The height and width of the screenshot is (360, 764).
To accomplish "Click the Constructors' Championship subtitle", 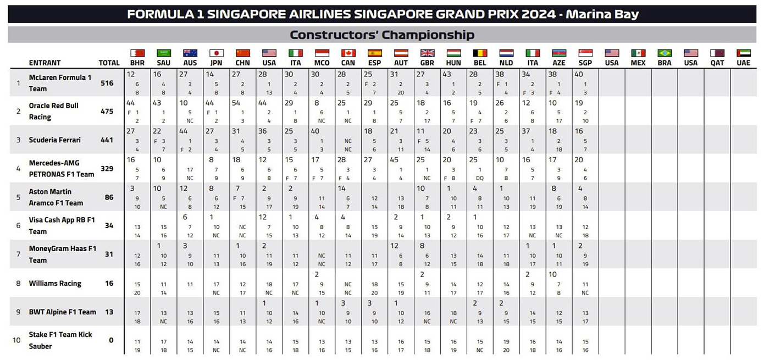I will point(382,35).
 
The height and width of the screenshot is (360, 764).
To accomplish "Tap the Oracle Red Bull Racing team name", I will point(53,111).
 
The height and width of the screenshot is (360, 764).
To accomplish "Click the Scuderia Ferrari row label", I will point(54,140).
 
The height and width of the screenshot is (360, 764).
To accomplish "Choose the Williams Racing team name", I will point(55,284).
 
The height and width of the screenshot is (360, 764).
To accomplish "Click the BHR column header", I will point(137,63).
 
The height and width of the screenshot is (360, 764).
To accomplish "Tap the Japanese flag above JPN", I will point(217,53).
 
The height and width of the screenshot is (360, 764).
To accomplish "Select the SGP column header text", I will point(585,63).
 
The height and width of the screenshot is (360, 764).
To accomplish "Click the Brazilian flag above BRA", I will point(665,53).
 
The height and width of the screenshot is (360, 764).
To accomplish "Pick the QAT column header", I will point(717,63).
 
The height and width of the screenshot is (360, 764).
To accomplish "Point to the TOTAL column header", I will point(109,63).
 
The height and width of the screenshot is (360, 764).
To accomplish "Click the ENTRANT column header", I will point(45,63).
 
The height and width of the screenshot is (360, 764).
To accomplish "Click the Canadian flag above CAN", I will point(348,53).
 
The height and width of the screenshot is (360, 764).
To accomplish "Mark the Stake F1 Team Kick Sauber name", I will point(60,340).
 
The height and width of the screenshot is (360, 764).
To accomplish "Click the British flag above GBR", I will point(427,53).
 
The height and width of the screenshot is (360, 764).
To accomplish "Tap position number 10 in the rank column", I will point(16,340).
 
